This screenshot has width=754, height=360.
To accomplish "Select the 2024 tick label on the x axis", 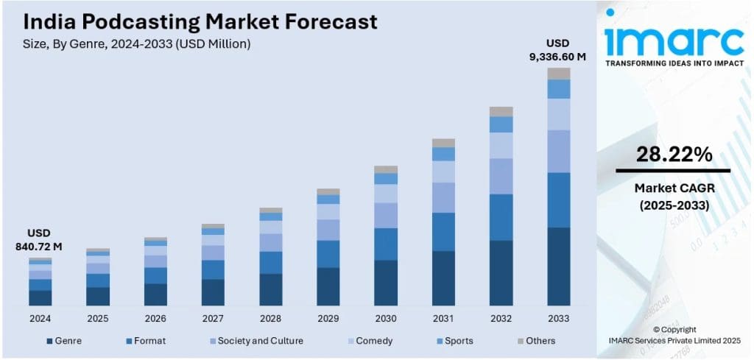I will [40, 318].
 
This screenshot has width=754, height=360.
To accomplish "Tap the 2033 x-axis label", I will [559, 318].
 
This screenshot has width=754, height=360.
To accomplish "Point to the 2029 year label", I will [328, 318].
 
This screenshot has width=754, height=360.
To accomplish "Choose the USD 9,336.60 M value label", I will [557, 49].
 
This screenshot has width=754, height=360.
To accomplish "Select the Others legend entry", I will [535, 341].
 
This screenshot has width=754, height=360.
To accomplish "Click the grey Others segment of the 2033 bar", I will [559, 74].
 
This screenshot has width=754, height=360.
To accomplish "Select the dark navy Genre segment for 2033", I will [559, 267].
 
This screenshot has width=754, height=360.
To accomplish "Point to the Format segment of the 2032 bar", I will [501, 217].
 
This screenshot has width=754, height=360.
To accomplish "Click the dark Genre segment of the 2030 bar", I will [386, 283].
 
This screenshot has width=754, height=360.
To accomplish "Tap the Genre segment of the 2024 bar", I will [40, 297].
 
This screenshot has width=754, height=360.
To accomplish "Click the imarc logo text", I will [674, 41].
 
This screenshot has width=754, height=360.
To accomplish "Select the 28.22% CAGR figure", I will [674, 155].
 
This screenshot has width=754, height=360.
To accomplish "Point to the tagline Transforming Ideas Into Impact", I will [674, 64].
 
